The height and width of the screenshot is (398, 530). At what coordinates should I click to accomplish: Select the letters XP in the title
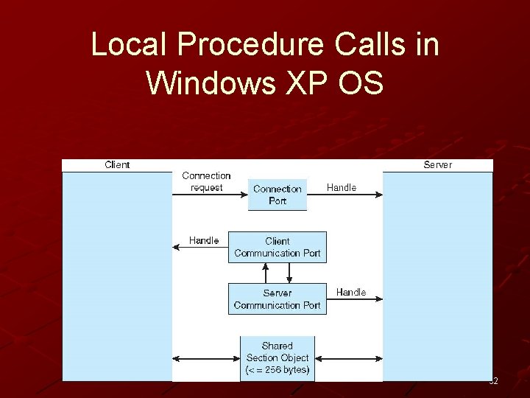coord(302,83)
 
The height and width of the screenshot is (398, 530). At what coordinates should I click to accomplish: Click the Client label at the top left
coord(117,164)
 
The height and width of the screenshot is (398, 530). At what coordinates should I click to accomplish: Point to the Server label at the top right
coord(437,164)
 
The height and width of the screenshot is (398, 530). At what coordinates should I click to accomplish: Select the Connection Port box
coord(278,195)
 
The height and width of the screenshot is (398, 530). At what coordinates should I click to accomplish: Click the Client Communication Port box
coord(278,247)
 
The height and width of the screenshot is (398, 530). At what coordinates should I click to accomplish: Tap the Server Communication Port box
coord(278,298)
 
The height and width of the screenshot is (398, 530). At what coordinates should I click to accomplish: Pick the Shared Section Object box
coord(278,357)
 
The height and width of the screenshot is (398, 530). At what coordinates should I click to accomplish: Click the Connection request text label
coord(206,181)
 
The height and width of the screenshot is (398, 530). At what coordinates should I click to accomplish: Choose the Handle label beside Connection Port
coord(342,187)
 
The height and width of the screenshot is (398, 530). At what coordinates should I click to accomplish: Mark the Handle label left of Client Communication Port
coord(204,240)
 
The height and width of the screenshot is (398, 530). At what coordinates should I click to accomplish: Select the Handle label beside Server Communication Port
coord(351,292)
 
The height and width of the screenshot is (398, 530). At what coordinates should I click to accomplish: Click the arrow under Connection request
coord(210,195)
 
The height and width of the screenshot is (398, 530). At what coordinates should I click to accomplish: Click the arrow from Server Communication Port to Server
coord(354,300)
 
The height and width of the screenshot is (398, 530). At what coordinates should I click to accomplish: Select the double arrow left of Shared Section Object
coord(206,359)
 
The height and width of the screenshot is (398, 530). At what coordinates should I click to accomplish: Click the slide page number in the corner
coord(493,381)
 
